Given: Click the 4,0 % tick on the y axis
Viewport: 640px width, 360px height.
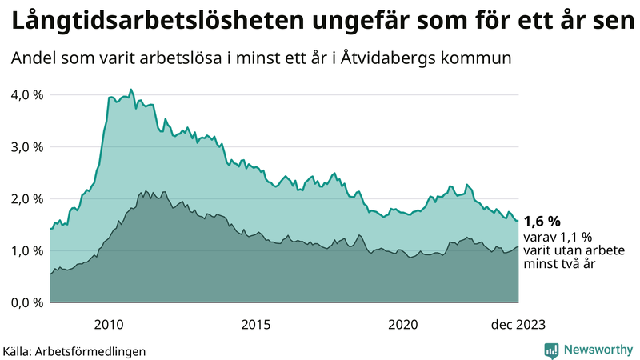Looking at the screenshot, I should click(26, 94).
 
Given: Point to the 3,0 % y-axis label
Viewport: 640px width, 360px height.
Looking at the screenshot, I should click(26, 146).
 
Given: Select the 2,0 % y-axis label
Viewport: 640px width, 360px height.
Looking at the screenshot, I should click(26, 198).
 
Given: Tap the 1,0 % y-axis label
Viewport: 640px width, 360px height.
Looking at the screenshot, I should click(26, 250).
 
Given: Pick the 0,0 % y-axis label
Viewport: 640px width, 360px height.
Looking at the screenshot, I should click(26, 302).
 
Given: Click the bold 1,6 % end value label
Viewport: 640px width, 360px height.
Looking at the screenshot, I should click(542, 221).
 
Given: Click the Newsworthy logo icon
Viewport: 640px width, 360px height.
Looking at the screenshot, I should click(551, 350).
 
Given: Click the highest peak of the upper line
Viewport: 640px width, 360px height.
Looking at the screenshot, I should click(131, 90).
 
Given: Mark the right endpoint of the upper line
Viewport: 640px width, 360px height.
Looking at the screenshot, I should click(518, 221).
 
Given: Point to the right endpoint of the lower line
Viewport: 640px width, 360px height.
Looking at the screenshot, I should click(518, 246).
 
